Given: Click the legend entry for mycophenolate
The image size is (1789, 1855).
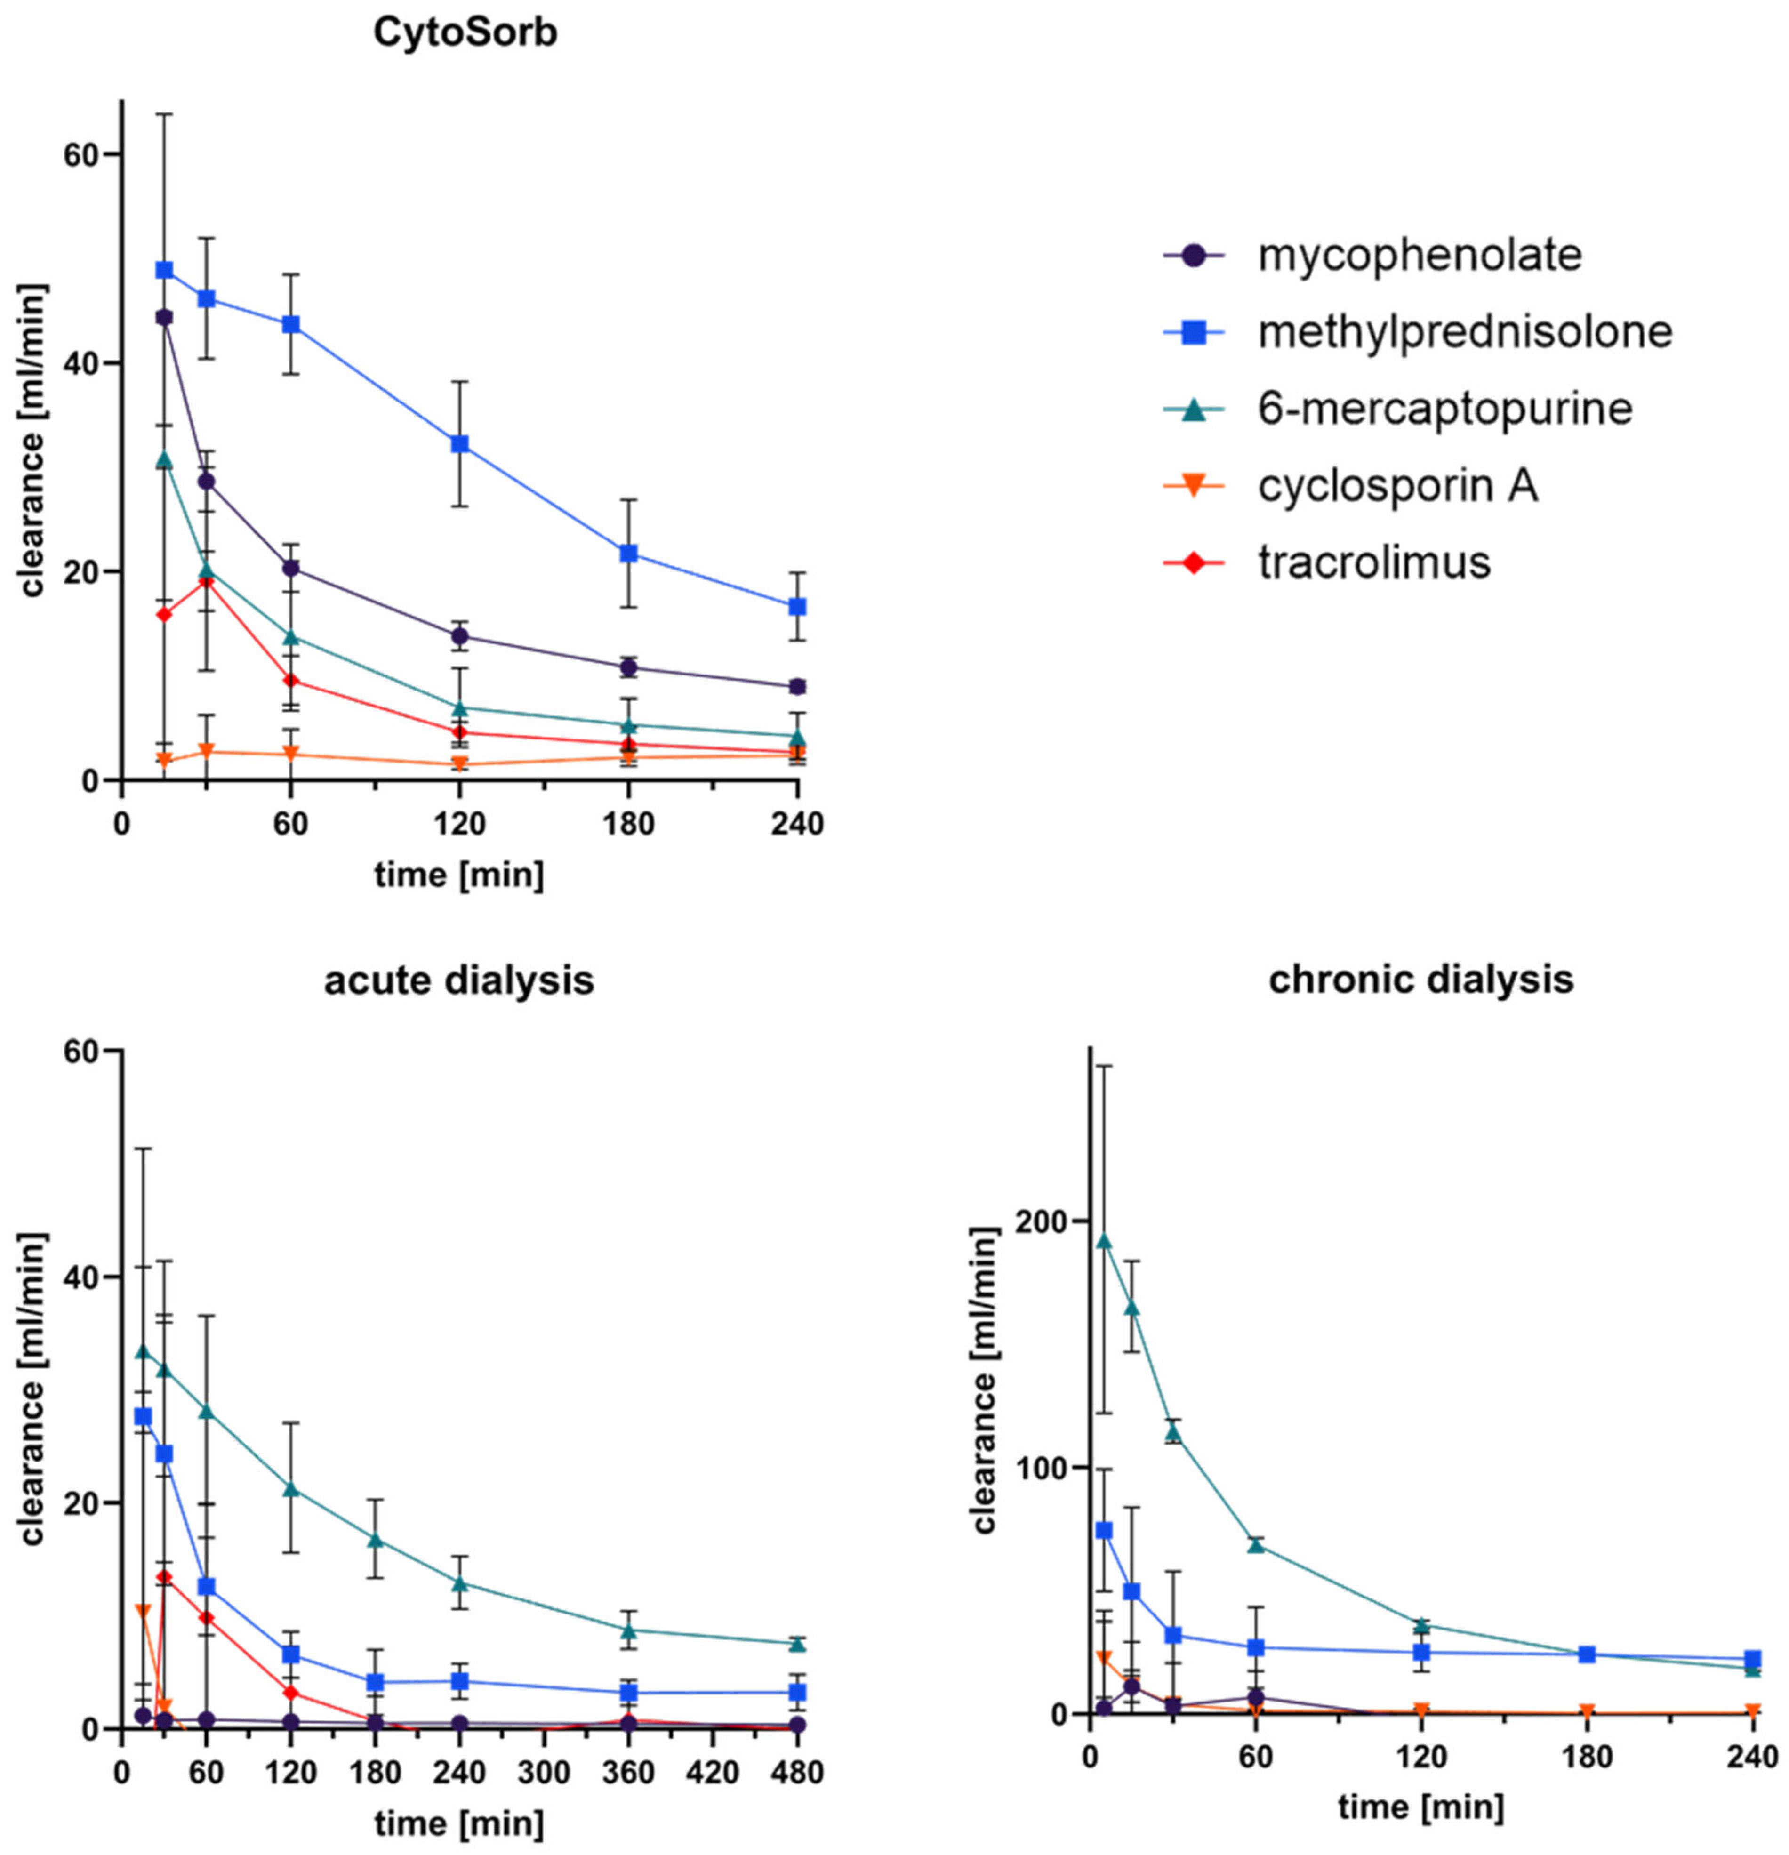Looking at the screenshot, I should tap(1418, 256).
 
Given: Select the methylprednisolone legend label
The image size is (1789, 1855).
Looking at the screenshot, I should tap(1463, 331).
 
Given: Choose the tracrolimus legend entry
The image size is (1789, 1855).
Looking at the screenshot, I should tap(1373, 562).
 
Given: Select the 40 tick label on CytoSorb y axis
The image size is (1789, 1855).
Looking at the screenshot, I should tap(80, 363).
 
